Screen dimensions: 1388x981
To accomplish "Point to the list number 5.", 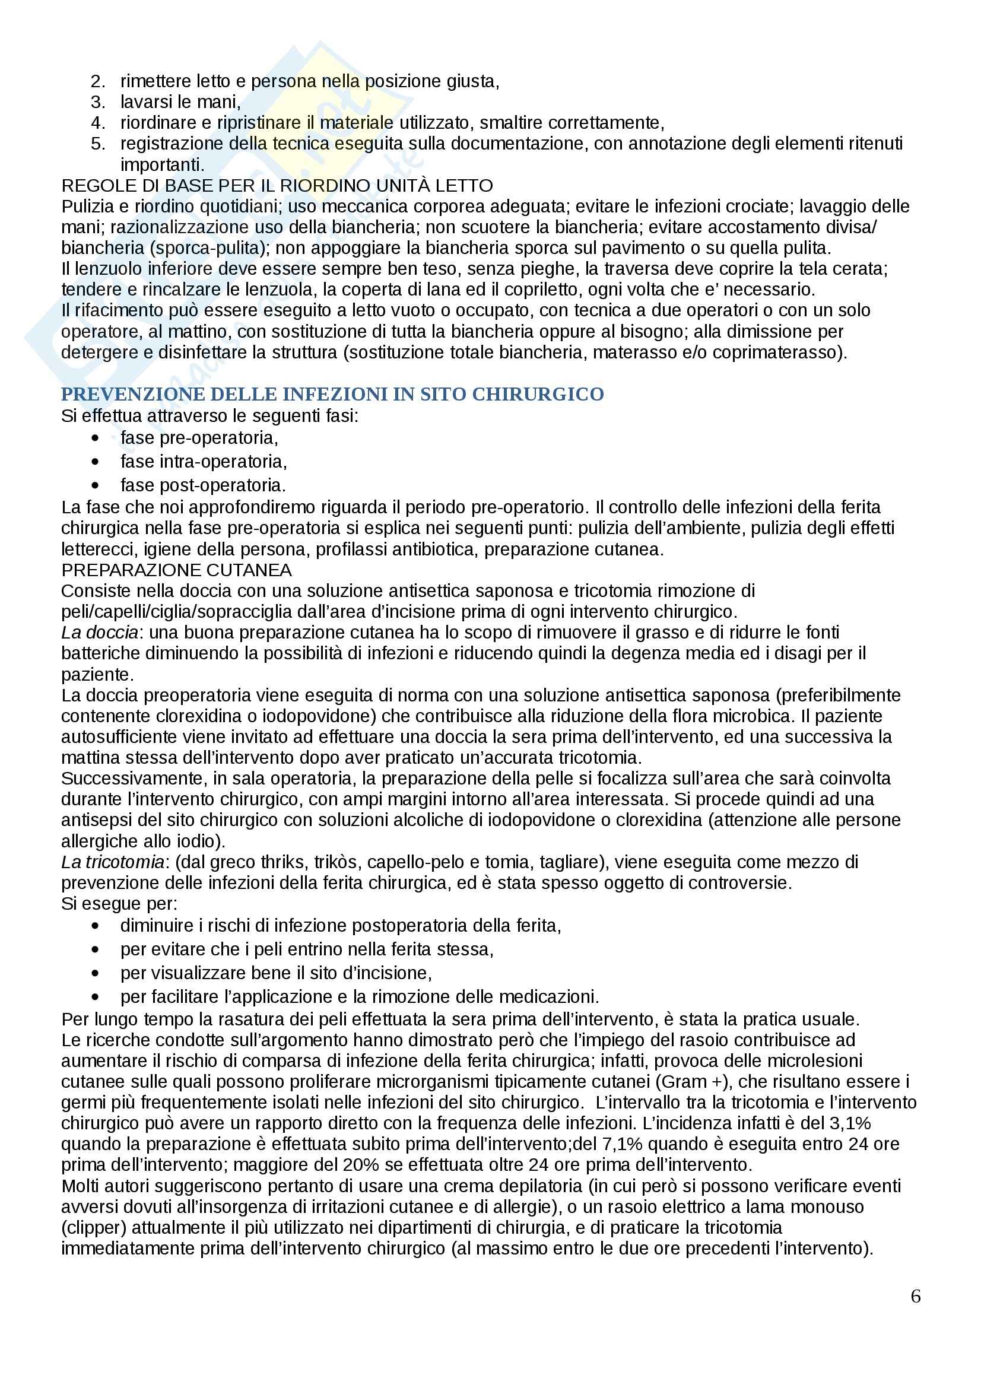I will pyautogui.click(x=97, y=144).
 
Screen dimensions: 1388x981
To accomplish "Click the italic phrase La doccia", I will pyautogui.click(x=100, y=633).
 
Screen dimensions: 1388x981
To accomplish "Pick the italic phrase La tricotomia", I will pyautogui.click(x=112, y=862).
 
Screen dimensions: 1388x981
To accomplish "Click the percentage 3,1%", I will pyautogui.click(x=850, y=1123).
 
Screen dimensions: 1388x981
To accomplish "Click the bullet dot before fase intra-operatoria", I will pyautogui.click(x=95, y=462).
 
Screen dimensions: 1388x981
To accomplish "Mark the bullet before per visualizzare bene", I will pyautogui.click(x=95, y=973).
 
